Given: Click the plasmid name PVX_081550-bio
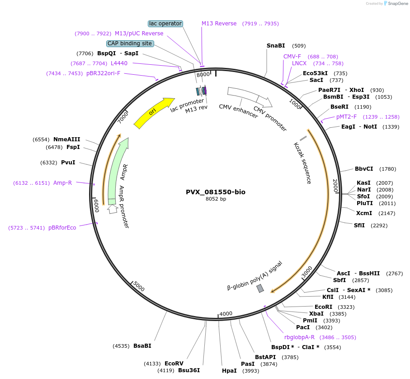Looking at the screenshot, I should click(216, 192).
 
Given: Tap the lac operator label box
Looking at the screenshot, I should click(165, 24).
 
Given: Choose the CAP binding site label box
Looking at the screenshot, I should click(130, 43).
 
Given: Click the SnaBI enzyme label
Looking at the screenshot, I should click(276, 46).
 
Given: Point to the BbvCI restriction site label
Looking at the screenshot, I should click(364, 169).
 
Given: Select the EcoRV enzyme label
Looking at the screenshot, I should click(174, 363).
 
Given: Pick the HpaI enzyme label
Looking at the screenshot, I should click(229, 371).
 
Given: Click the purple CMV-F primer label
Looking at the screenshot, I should click(292, 57).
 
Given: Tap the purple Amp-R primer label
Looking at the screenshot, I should click(62, 183).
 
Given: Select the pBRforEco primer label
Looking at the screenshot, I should click(62, 228).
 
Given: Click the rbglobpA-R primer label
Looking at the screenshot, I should click(299, 337).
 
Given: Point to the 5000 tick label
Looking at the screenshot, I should click(139, 287).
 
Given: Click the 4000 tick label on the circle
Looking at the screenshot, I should click(226, 313).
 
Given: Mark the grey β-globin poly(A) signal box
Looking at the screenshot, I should click(260, 288).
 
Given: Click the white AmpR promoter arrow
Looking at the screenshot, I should click(113, 208).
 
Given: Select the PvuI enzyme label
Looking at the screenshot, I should click(68, 162).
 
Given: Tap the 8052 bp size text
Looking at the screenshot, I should click(216, 199).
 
